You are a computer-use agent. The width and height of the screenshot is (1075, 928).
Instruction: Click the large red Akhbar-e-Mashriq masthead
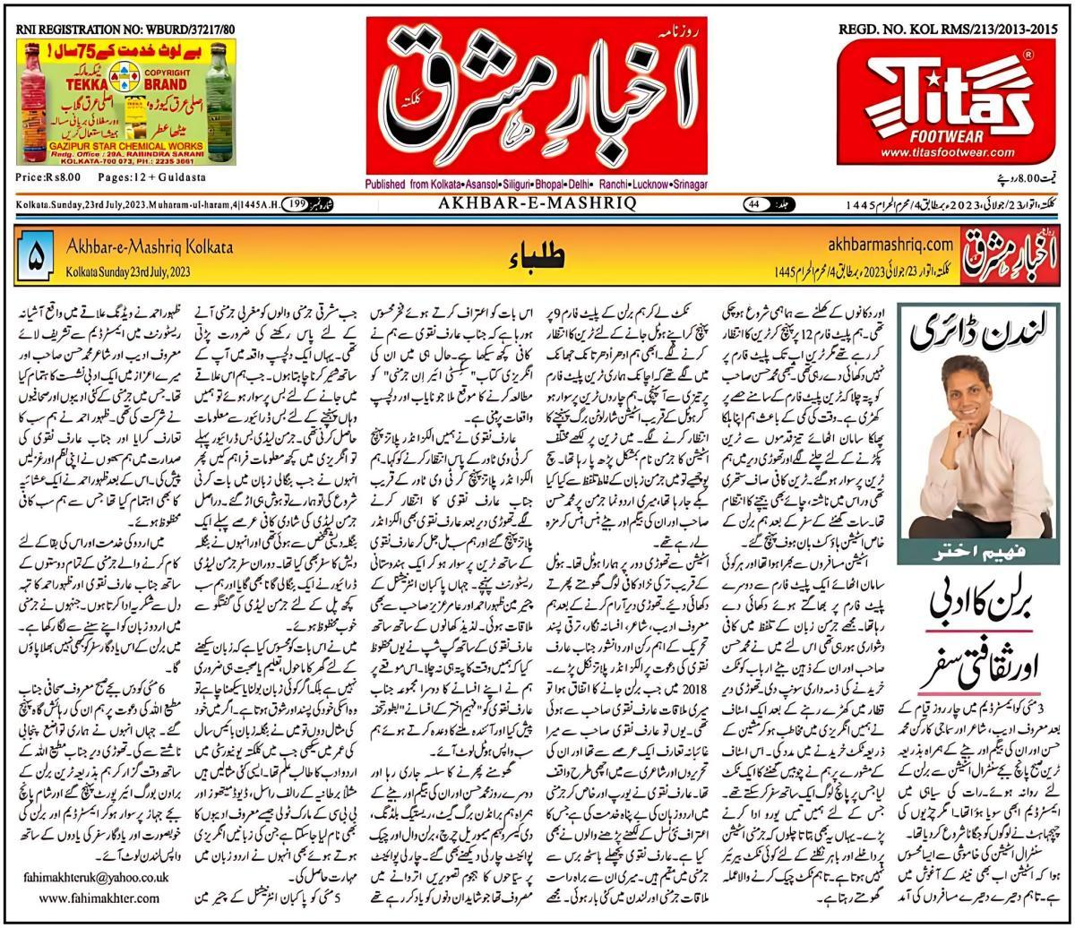(x=536, y=93)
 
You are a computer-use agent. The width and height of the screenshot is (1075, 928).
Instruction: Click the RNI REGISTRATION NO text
(x=125, y=30)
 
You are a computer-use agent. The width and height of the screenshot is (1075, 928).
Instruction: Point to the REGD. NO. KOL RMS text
(x=949, y=30)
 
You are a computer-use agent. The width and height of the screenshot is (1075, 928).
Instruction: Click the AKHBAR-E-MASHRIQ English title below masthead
(x=537, y=204)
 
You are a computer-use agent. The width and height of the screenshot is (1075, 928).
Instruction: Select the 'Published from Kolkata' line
(x=536, y=185)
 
